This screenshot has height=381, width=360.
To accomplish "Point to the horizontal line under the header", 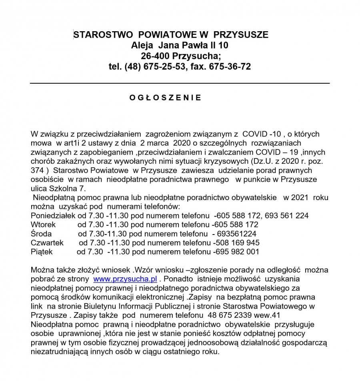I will [x=180, y=83].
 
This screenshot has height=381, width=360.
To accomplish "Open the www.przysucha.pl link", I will [x=125, y=279].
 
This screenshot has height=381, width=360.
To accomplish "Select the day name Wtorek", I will [x=43, y=225].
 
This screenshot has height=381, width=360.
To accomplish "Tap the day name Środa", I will [x=41, y=234].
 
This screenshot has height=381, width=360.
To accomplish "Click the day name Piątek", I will [x=42, y=252].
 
